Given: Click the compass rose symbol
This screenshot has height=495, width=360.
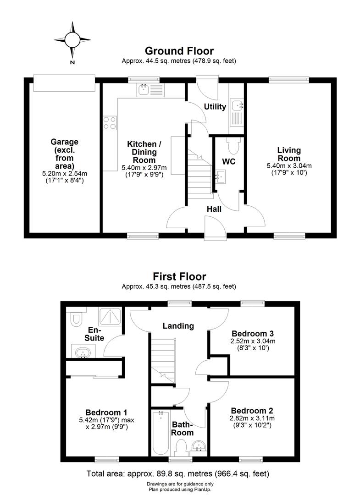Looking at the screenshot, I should [x=72, y=39].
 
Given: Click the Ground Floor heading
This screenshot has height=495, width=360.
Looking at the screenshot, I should [x=179, y=51].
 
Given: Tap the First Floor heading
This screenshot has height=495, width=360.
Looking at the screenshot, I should [x=179, y=276].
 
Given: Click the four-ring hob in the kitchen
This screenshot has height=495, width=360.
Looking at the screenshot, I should [x=110, y=122].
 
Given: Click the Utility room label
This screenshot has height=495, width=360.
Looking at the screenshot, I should [x=215, y=107].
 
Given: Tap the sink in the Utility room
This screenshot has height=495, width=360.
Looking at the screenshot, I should [x=238, y=106].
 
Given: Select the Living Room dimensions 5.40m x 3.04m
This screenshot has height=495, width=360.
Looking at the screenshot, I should [x=288, y=166].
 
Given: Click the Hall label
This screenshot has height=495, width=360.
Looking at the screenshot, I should [x=214, y=209].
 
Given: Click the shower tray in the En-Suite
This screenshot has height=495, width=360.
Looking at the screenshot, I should [x=111, y=316].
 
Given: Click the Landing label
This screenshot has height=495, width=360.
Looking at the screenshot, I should [x=178, y=326].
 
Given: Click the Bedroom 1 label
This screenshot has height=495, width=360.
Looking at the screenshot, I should [x=106, y=412].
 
